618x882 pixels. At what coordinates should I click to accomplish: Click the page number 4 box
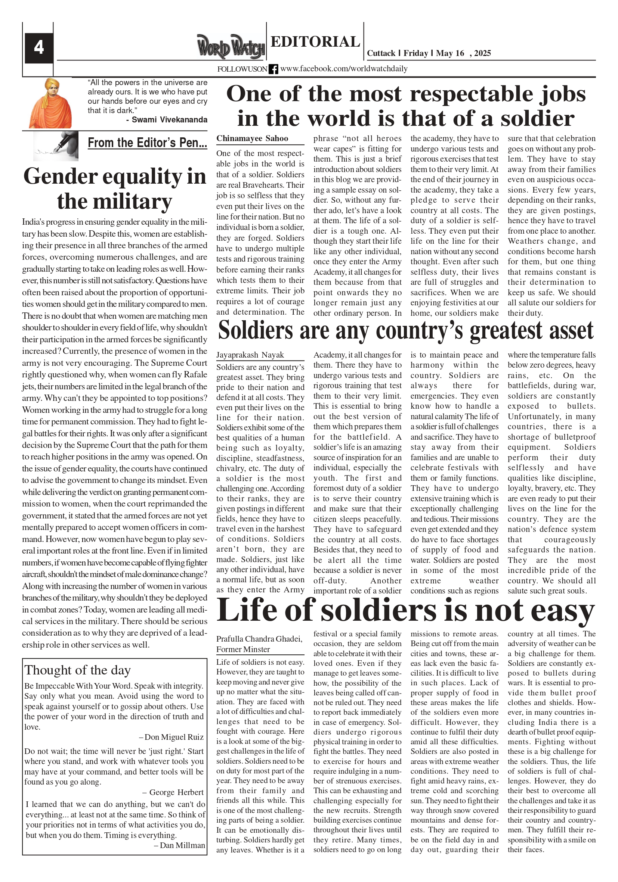(x=39, y=48)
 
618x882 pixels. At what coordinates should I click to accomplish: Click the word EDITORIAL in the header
(x=315, y=41)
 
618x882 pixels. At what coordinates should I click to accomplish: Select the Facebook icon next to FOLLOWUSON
(x=273, y=69)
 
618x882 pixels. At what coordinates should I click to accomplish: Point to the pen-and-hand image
(x=56, y=146)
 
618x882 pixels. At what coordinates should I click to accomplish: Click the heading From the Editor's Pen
(x=147, y=143)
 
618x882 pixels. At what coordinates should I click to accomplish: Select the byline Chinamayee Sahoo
(x=252, y=139)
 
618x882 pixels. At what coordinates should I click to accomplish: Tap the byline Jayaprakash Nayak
(x=250, y=355)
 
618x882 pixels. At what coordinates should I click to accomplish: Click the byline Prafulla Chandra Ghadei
(x=259, y=639)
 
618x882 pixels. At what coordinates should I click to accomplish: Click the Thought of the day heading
(x=78, y=670)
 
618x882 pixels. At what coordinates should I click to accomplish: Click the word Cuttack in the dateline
(x=381, y=53)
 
